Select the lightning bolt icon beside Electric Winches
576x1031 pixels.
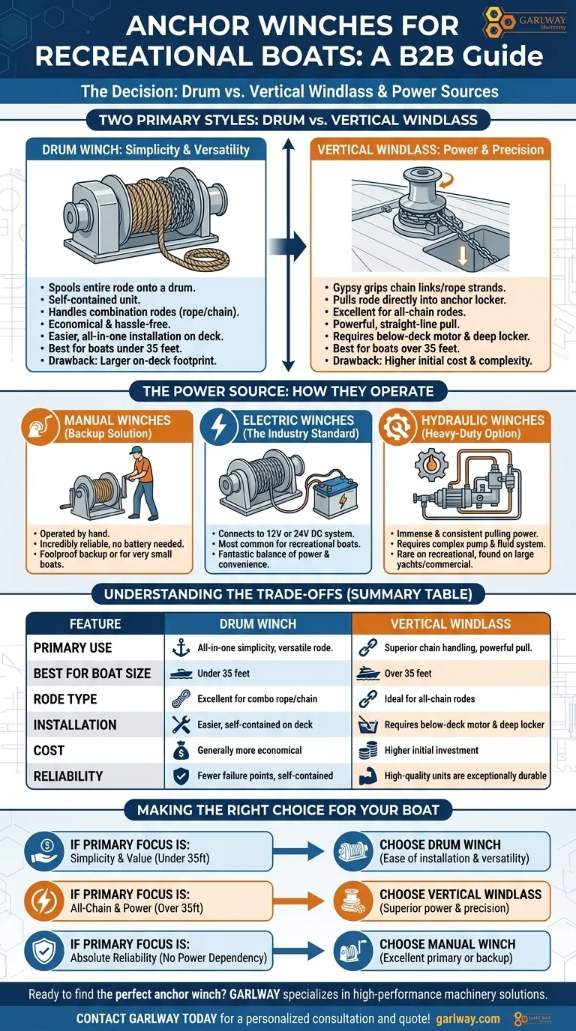click(x=218, y=426)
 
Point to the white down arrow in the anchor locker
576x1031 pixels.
click(x=463, y=256)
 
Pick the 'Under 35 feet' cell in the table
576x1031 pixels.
click(x=223, y=674)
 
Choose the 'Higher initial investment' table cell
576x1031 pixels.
click(x=431, y=750)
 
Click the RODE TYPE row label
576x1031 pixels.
click(x=65, y=699)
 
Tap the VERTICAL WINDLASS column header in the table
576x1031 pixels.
click(x=451, y=623)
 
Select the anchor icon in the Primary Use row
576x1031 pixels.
click(x=181, y=647)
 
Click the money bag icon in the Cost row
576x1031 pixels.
click(x=181, y=751)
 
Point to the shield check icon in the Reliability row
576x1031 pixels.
click(x=181, y=776)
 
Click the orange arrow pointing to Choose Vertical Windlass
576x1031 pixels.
click(x=298, y=901)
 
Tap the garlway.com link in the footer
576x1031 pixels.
click(x=468, y=1019)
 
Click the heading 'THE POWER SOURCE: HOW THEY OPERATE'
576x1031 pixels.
click(x=288, y=391)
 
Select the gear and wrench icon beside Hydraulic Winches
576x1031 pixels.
click(x=396, y=426)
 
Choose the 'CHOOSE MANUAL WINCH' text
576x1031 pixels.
click(x=448, y=944)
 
